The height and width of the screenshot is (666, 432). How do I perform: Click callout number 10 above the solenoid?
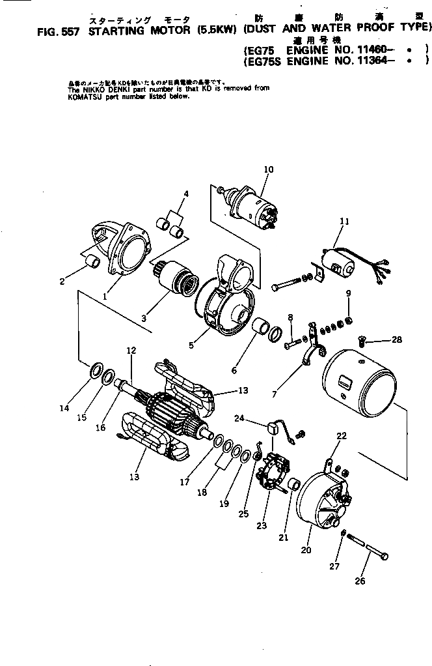point(268,169)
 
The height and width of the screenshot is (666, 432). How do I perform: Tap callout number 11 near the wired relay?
point(344,222)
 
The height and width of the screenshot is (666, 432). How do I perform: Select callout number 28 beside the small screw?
point(397,340)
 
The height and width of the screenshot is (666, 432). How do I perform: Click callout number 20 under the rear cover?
point(307,551)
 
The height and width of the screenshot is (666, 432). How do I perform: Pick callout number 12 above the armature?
point(131,351)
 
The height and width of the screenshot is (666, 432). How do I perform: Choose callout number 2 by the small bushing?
point(62,282)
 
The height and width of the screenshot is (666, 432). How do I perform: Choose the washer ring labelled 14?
point(94,372)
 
